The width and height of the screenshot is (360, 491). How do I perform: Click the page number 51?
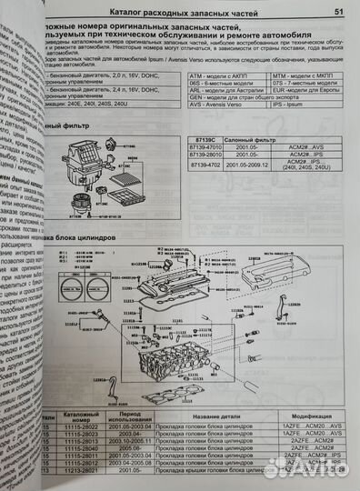click(x=337, y=13)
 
